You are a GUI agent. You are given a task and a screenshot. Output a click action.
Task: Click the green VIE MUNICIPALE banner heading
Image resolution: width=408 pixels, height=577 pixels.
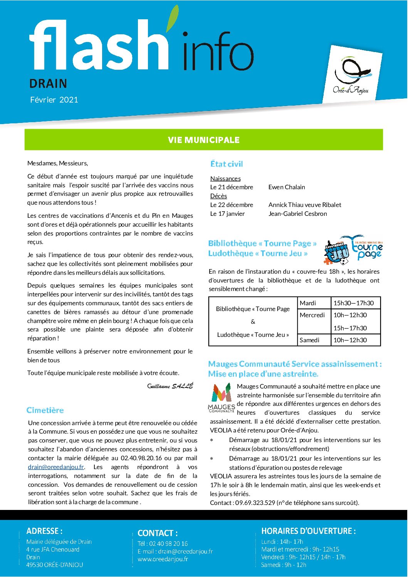coord(203,140)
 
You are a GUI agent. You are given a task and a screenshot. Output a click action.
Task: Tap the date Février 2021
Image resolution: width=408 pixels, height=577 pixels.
coord(54,100)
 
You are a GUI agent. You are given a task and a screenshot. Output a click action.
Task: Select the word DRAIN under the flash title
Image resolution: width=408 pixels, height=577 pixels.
coord(48,84)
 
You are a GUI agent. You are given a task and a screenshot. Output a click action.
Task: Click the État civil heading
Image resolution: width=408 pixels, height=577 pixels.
coord(227,164)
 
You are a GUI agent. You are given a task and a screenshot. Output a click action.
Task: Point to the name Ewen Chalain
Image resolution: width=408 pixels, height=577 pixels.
coord(287,187)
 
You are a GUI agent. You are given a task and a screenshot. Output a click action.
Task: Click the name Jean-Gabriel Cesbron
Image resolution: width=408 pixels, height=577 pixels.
coord(297,214)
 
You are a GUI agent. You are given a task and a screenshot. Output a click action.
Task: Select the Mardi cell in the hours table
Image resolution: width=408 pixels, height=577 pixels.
coord(308,303)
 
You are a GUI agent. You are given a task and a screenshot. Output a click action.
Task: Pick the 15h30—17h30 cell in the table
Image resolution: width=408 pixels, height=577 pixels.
coord(353,303)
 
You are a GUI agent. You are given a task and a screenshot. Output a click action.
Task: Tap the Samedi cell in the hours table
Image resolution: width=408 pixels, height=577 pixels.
coord(309,340)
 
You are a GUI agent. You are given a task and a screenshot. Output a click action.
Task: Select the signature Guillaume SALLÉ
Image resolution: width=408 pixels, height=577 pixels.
coord(170,386)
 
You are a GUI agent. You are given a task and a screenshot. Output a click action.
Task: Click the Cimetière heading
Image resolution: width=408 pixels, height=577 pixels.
coord(45,410)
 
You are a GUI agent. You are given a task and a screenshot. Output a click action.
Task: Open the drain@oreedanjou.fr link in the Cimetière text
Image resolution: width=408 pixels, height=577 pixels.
coord(56,467)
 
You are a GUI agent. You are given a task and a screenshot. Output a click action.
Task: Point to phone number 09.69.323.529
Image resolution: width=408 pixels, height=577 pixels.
coord(255,503)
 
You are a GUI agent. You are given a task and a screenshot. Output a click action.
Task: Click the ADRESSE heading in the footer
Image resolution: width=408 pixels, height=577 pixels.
coord(44,531)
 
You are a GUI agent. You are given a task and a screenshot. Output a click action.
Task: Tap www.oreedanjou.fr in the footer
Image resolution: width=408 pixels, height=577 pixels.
coord(163,559)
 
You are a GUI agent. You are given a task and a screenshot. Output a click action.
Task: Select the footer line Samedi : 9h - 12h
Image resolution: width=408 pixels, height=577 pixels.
coord(284,565)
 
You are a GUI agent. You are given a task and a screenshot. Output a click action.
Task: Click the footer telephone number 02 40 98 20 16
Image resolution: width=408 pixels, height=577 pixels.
coord(168,543)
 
